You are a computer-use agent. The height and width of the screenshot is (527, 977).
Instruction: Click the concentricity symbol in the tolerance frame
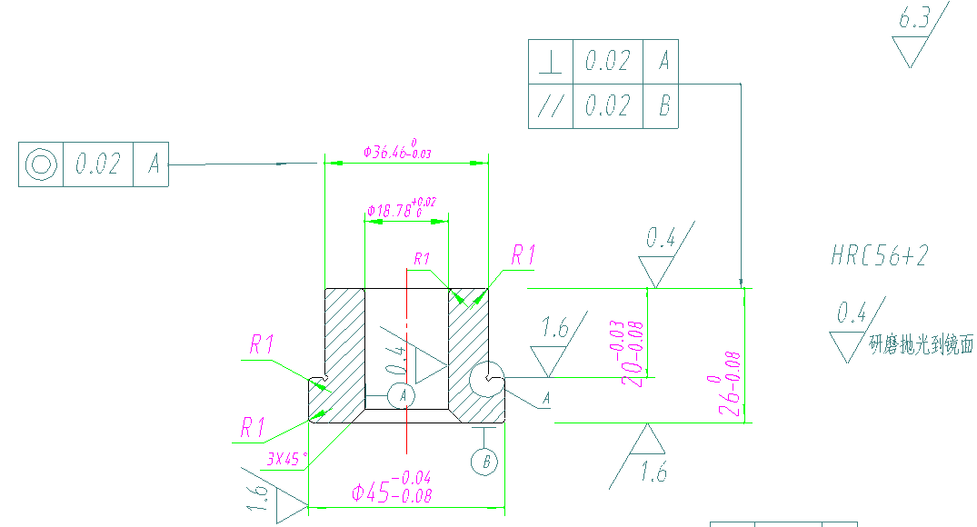click(x=41, y=164)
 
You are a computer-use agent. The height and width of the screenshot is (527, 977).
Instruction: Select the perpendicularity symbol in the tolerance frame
click(x=550, y=62)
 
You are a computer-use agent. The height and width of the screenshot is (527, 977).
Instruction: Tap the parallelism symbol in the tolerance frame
click(x=550, y=105)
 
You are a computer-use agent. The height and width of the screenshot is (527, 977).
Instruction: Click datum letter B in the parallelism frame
click(x=663, y=105)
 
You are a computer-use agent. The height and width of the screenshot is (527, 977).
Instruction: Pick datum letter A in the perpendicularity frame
click(x=663, y=62)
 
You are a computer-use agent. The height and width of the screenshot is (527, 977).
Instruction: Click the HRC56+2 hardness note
click(x=879, y=255)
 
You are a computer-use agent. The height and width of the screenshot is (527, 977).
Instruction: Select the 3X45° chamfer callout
click(x=285, y=459)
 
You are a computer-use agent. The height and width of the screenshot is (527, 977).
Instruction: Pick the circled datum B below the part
click(x=485, y=461)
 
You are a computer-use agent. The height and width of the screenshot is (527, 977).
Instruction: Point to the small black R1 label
click(x=422, y=260)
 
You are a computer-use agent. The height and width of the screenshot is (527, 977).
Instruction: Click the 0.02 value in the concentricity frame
click(x=97, y=164)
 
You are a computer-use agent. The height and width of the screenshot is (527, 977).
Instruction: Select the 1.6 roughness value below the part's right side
click(x=653, y=472)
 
